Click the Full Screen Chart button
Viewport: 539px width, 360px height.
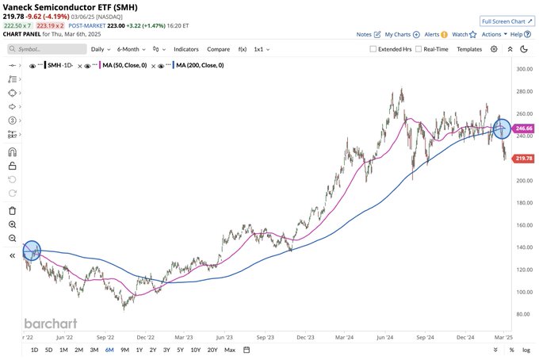click(x=507, y=21)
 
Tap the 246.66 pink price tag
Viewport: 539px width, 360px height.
click(x=524, y=128)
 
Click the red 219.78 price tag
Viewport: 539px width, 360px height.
click(x=524, y=159)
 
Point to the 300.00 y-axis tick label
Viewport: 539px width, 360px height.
click(x=522, y=70)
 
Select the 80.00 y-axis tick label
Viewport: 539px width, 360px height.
click(x=522, y=314)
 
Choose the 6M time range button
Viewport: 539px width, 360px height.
click(x=109, y=350)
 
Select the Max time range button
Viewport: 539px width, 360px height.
click(x=230, y=350)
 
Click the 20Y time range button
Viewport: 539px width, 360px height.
click(x=212, y=350)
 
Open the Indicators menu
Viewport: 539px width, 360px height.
click(x=186, y=48)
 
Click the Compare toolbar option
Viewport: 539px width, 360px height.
click(x=219, y=48)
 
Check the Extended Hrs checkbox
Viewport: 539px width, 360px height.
click(x=374, y=48)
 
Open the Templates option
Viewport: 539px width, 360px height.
click(x=469, y=48)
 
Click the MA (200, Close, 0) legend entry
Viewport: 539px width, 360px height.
click(x=198, y=65)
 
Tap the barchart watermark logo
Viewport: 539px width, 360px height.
click(x=51, y=324)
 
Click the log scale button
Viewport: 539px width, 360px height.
click(x=526, y=350)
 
